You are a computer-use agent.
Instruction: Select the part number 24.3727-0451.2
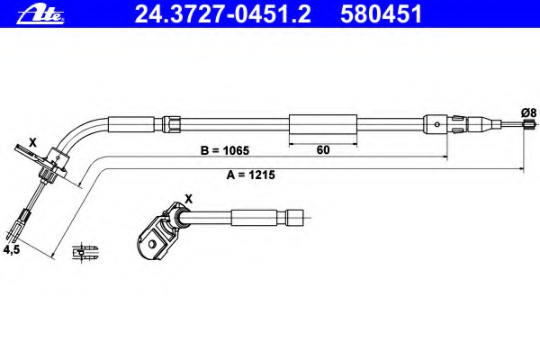223,14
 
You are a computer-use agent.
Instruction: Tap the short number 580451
382,14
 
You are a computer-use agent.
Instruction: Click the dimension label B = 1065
224,150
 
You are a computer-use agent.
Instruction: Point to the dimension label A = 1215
251,175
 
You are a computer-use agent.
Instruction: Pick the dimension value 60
323,150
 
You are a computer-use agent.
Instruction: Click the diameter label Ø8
528,112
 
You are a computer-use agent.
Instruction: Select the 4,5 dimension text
12,249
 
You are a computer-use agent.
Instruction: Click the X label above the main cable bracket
32,142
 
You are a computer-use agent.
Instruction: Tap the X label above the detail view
189,199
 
